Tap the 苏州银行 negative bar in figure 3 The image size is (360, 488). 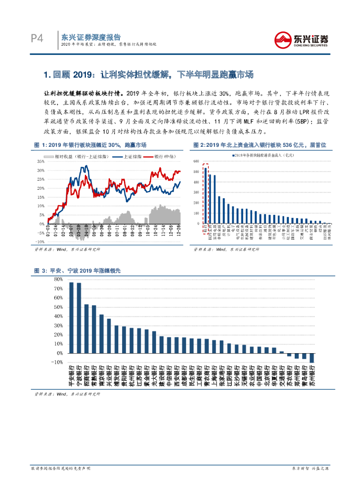312,358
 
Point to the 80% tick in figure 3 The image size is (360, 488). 58,279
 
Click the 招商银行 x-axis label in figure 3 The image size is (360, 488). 86,376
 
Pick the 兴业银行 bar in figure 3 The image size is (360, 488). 109,336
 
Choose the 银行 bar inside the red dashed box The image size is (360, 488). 206,195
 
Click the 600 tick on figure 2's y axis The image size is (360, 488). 196,161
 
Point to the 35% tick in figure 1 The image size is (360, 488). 41,161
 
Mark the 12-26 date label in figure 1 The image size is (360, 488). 179,231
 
